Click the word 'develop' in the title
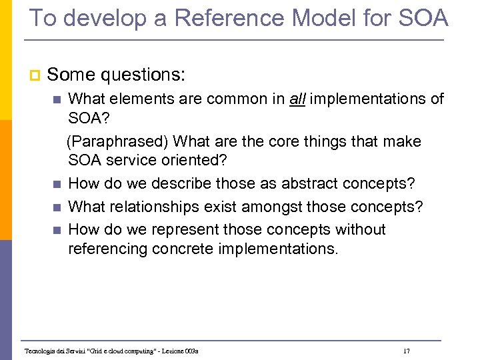click(x=99, y=18)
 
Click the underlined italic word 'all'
click(x=298, y=99)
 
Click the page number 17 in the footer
click(x=406, y=350)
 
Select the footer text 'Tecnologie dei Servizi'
click(x=53, y=351)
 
